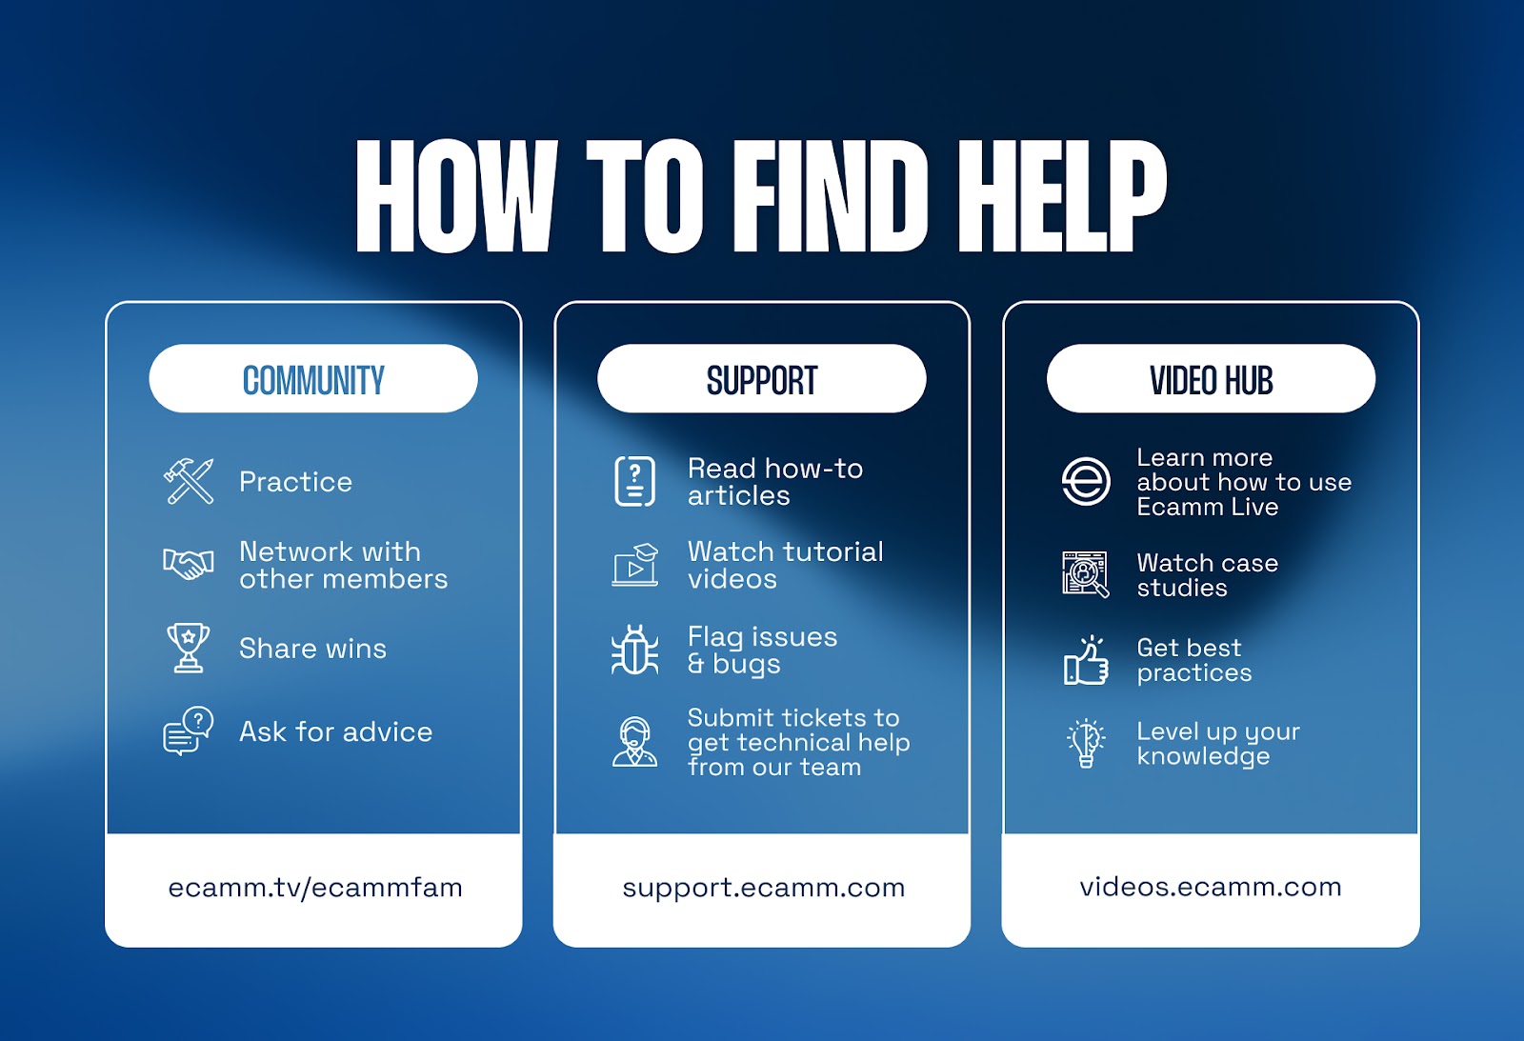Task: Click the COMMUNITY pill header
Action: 313,379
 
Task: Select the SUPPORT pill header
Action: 762,379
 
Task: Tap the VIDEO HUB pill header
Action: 1211,379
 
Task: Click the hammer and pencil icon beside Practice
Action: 189,481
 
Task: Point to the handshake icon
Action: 189,564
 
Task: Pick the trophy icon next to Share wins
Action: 189,648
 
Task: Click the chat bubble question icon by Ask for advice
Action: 189,731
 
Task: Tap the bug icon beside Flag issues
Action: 634,651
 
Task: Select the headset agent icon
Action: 634,742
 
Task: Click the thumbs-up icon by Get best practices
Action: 1086,660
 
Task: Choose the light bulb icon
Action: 1086,743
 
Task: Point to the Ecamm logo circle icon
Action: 1086,481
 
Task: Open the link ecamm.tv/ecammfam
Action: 315,888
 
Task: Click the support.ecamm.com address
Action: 763,888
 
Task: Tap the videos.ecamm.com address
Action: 1211,887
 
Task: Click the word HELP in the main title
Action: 1061,197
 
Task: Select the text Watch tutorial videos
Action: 785,565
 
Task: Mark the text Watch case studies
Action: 1207,575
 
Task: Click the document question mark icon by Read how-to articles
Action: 634,481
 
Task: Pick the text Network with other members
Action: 343,565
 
